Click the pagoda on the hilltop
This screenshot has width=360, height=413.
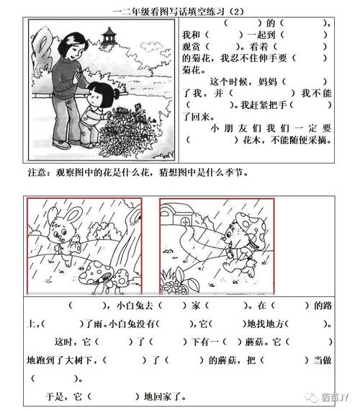[109, 37]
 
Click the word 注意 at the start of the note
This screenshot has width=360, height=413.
[35, 174]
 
